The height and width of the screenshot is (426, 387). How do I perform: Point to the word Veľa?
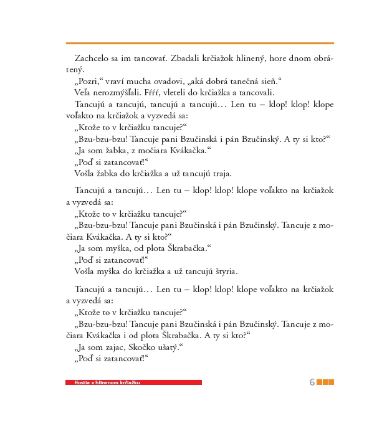click(x=84, y=92)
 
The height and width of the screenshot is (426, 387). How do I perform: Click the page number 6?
click(x=312, y=382)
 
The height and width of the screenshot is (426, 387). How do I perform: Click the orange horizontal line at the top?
click(x=199, y=43)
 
